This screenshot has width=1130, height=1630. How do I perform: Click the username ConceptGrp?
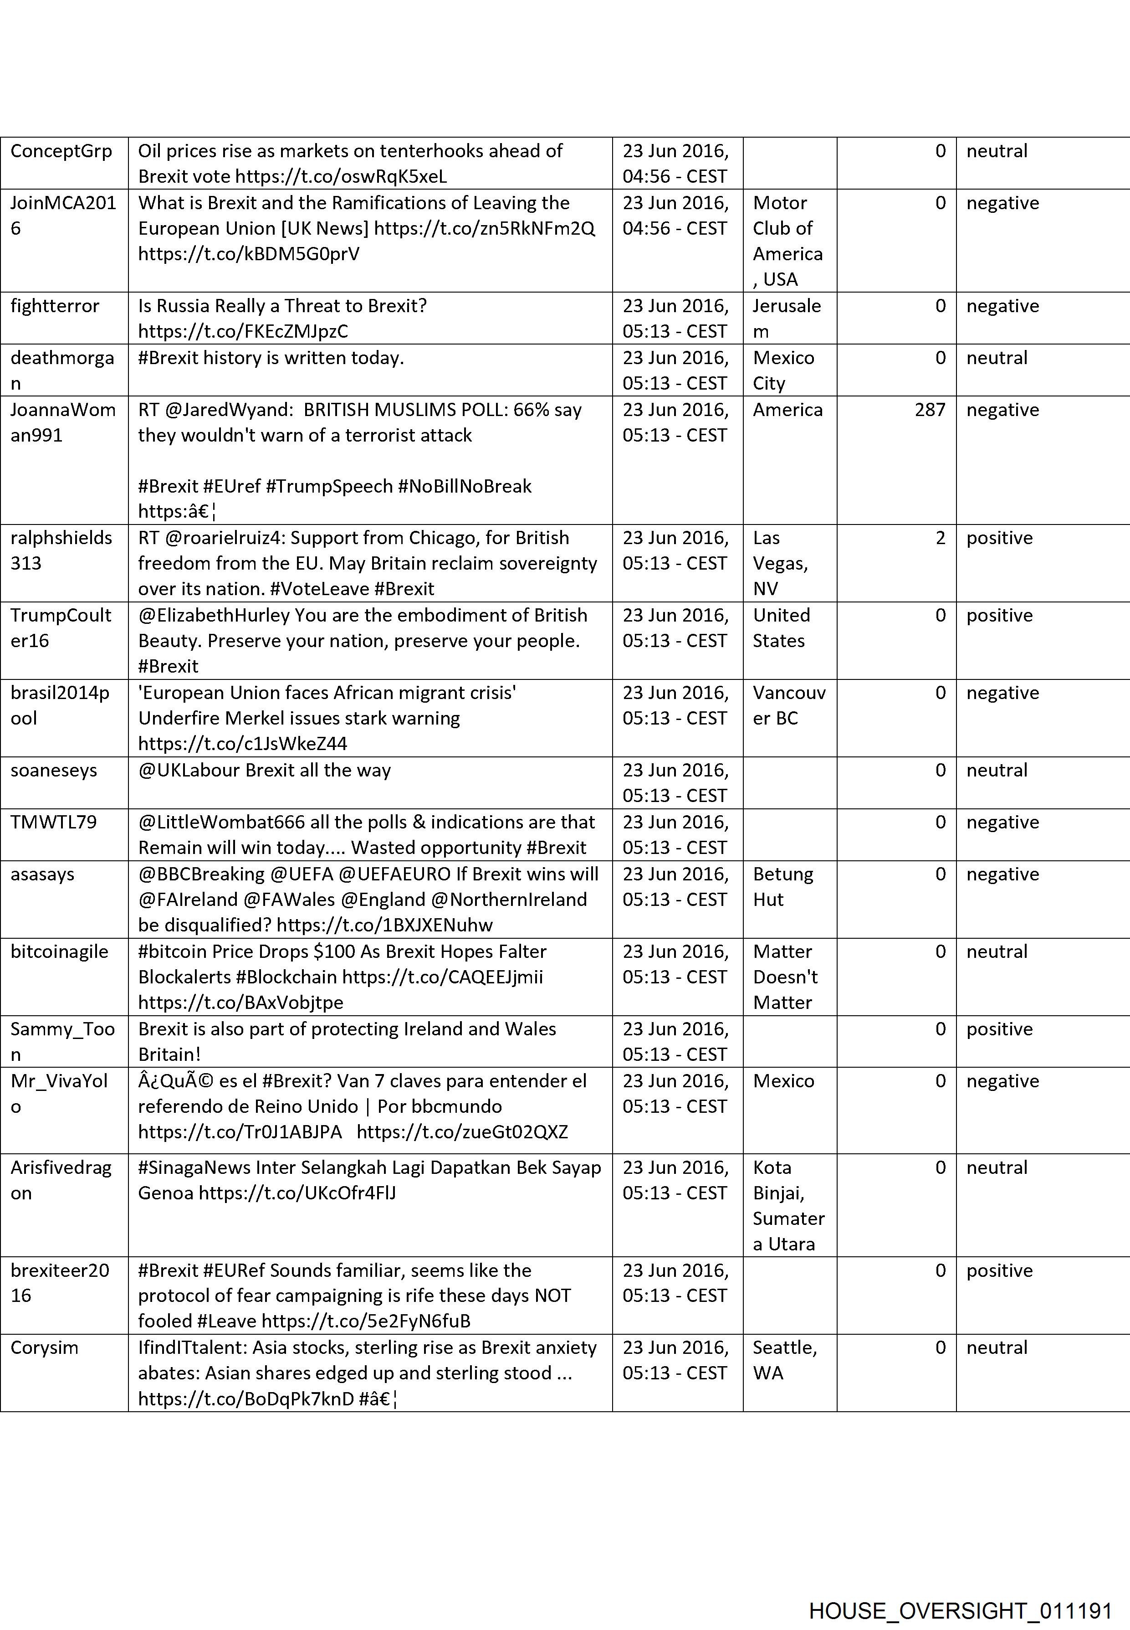(61, 151)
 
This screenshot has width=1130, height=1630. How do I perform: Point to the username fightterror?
(55, 306)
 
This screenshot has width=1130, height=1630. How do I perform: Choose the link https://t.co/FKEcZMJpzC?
(243, 332)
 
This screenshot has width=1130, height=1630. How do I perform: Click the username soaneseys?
(54, 770)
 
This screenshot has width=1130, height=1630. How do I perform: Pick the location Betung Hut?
(782, 886)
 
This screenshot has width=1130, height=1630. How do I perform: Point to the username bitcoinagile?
(60, 951)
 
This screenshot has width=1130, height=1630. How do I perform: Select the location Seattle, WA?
(784, 1360)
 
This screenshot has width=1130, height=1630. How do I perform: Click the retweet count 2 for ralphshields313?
(940, 538)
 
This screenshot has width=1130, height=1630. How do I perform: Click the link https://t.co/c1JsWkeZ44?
(242, 744)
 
